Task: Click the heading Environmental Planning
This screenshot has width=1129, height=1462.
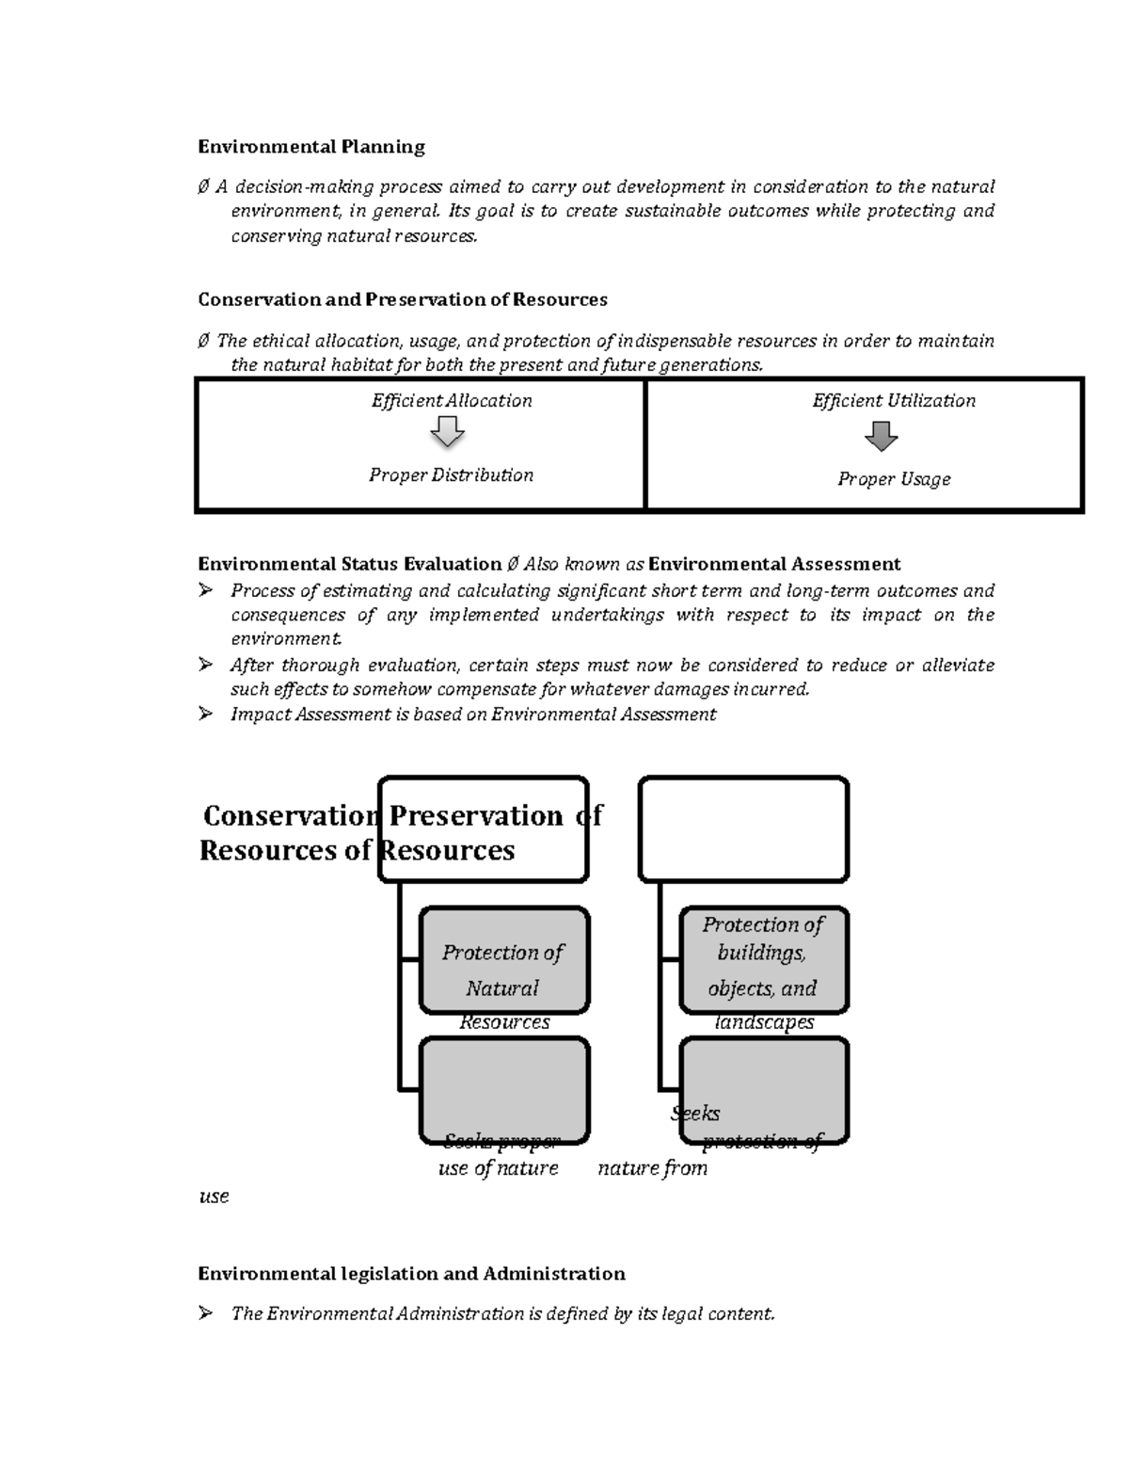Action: pyautogui.click(x=310, y=147)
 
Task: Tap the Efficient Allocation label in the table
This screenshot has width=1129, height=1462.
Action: pyautogui.click(x=452, y=401)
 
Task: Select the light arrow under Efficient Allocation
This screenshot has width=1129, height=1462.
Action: pyautogui.click(x=448, y=433)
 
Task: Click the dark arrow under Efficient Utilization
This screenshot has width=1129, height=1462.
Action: pyautogui.click(x=882, y=436)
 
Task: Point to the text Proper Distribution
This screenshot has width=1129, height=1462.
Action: pyautogui.click(x=451, y=475)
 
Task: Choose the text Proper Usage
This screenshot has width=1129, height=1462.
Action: pyautogui.click(x=894, y=479)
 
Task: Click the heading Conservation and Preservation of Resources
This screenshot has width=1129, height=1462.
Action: pyautogui.click(x=402, y=299)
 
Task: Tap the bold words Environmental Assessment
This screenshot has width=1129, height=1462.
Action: pyautogui.click(x=774, y=564)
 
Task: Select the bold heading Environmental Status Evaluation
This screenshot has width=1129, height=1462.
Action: pyautogui.click(x=349, y=564)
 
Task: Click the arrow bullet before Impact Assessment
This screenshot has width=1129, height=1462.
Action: pyautogui.click(x=206, y=715)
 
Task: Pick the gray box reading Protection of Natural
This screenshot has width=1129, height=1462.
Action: pyautogui.click(x=503, y=960)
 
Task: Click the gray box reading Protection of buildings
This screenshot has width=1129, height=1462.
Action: pyautogui.click(x=763, y=960)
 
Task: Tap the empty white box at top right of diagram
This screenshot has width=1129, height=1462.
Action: pyautogui.click(x=743, y=828)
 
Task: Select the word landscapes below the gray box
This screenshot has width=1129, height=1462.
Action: pyautogui.click(x=764, y=1022)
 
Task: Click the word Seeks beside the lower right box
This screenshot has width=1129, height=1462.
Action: pyautogui.click(x=695, y=1114)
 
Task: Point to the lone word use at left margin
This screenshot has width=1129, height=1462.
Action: pyautogui.click(x=214, y=1197)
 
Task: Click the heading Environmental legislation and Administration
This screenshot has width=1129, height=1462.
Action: pyautogui.click(x=411, y=1274)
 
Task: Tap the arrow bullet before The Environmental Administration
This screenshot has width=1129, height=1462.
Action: pyautogui.click(x=206, y=1313)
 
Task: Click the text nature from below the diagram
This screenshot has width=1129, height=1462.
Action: pyautogui.click(x=652, y=1168)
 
